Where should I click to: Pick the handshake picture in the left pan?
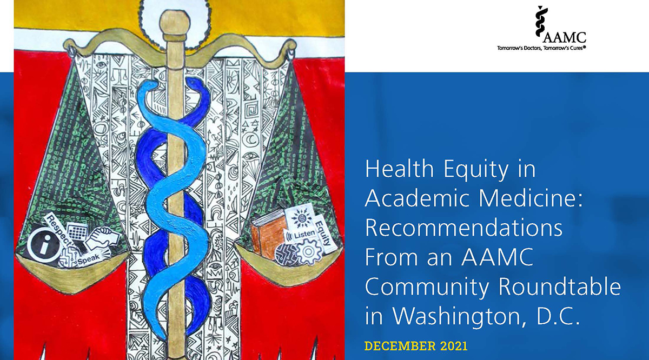[102, 238]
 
